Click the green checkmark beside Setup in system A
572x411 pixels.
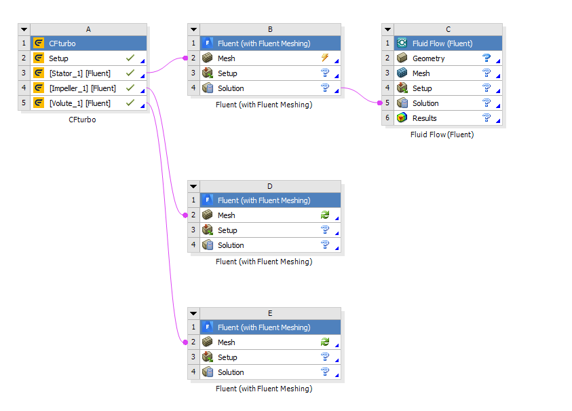(130, 58)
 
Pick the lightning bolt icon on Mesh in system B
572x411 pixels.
(325, 57)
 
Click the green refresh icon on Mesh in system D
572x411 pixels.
(325, 215)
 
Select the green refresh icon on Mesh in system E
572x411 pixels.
(325, 342)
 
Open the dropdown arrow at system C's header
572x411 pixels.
(387, 29)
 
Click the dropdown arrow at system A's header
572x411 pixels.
(24, 29)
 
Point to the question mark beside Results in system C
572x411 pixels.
(487, 118)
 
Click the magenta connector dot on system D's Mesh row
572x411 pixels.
(185, 215)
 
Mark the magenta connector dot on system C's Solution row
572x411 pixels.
(380, 103)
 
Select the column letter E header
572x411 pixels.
(270, 313)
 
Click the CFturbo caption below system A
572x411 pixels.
(82, 120)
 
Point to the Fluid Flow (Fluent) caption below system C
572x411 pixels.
(442, 135)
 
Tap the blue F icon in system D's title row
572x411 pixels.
(207, 200)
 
